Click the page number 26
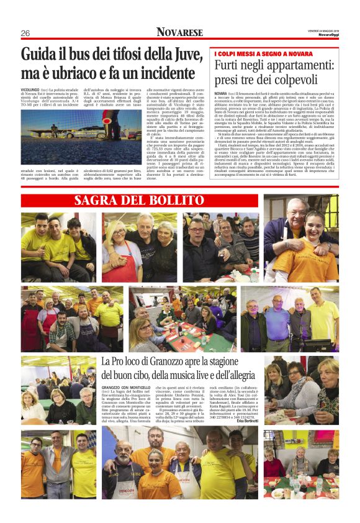25,33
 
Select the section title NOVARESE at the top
179,32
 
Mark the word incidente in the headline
158,72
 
